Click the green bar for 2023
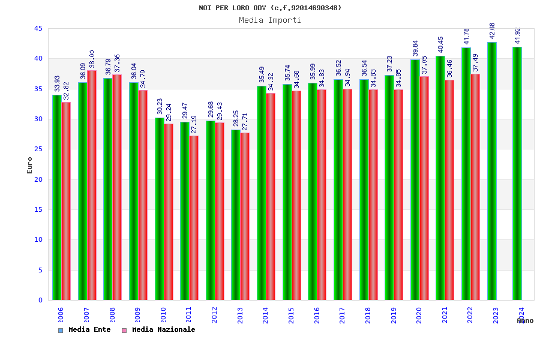tap(492, 171)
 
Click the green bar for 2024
tap(517, 173)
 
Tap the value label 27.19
tap(194, 125)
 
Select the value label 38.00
tap(92, 59)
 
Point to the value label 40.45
tap(441, 45)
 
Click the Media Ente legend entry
tap(85, 329)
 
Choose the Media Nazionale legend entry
tap(158, 329)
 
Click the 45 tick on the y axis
tap(38, 28)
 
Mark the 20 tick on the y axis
tap(38, 179)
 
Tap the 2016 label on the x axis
tap(317, 315)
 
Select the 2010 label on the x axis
tap(163, 315)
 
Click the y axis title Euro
tap(30, 165)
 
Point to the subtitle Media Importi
tap(270, 20)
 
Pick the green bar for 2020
tap(415, 179)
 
